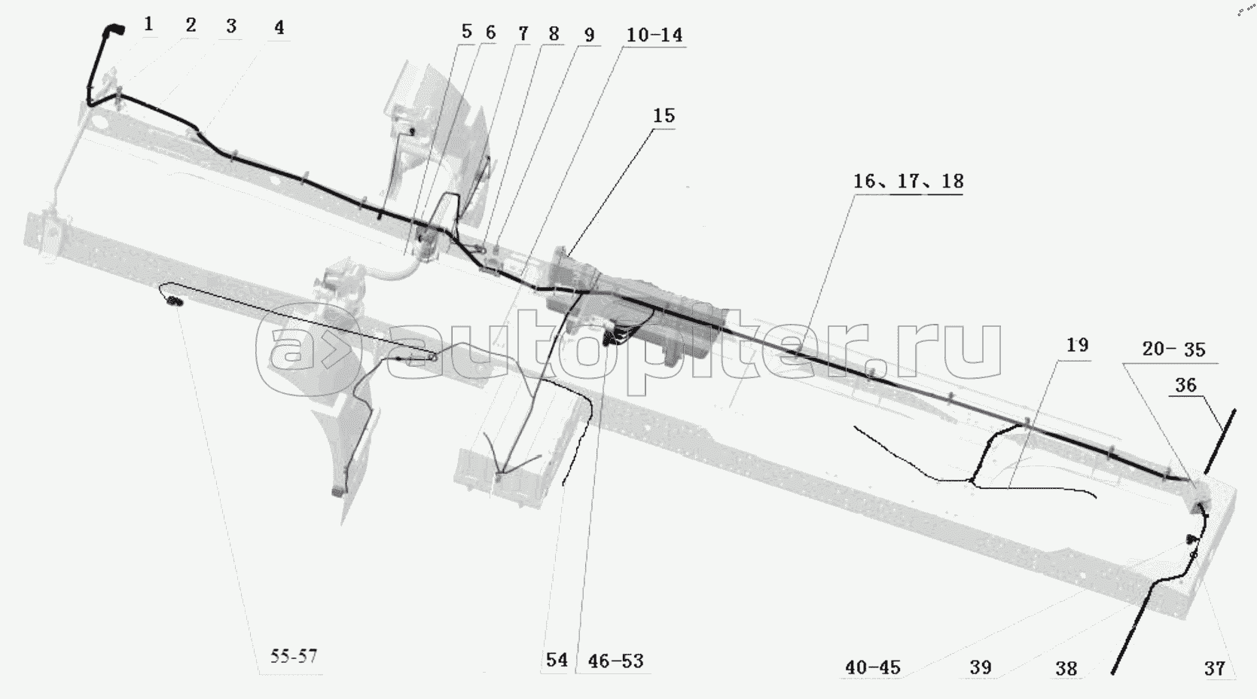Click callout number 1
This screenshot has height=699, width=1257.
click(148, 24)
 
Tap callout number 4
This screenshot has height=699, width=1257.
click(279, 28)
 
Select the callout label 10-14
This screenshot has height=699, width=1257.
click(654, 35)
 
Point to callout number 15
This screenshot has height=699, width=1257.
click(664, 116)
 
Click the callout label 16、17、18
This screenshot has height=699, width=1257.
click(908, 182)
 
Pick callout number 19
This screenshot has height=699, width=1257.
click(1078, 345)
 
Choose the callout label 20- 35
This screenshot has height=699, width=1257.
click(1174, 349)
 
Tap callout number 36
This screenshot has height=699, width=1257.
click(1185, 385)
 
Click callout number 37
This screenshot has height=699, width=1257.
click(1215, 668)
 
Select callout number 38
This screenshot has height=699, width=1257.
click(1066, 668)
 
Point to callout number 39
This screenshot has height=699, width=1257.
click(981, 667)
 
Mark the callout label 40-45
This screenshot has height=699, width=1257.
click(873, 667)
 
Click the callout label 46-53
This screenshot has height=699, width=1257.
click(615, 661)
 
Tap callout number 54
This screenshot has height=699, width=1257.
click(557, 661)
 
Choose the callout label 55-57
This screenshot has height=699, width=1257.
click(294, 656)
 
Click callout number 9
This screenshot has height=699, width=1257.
click(589, 35)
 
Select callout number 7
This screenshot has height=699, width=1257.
click(523, 34)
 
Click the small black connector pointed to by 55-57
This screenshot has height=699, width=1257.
click(175, 303)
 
